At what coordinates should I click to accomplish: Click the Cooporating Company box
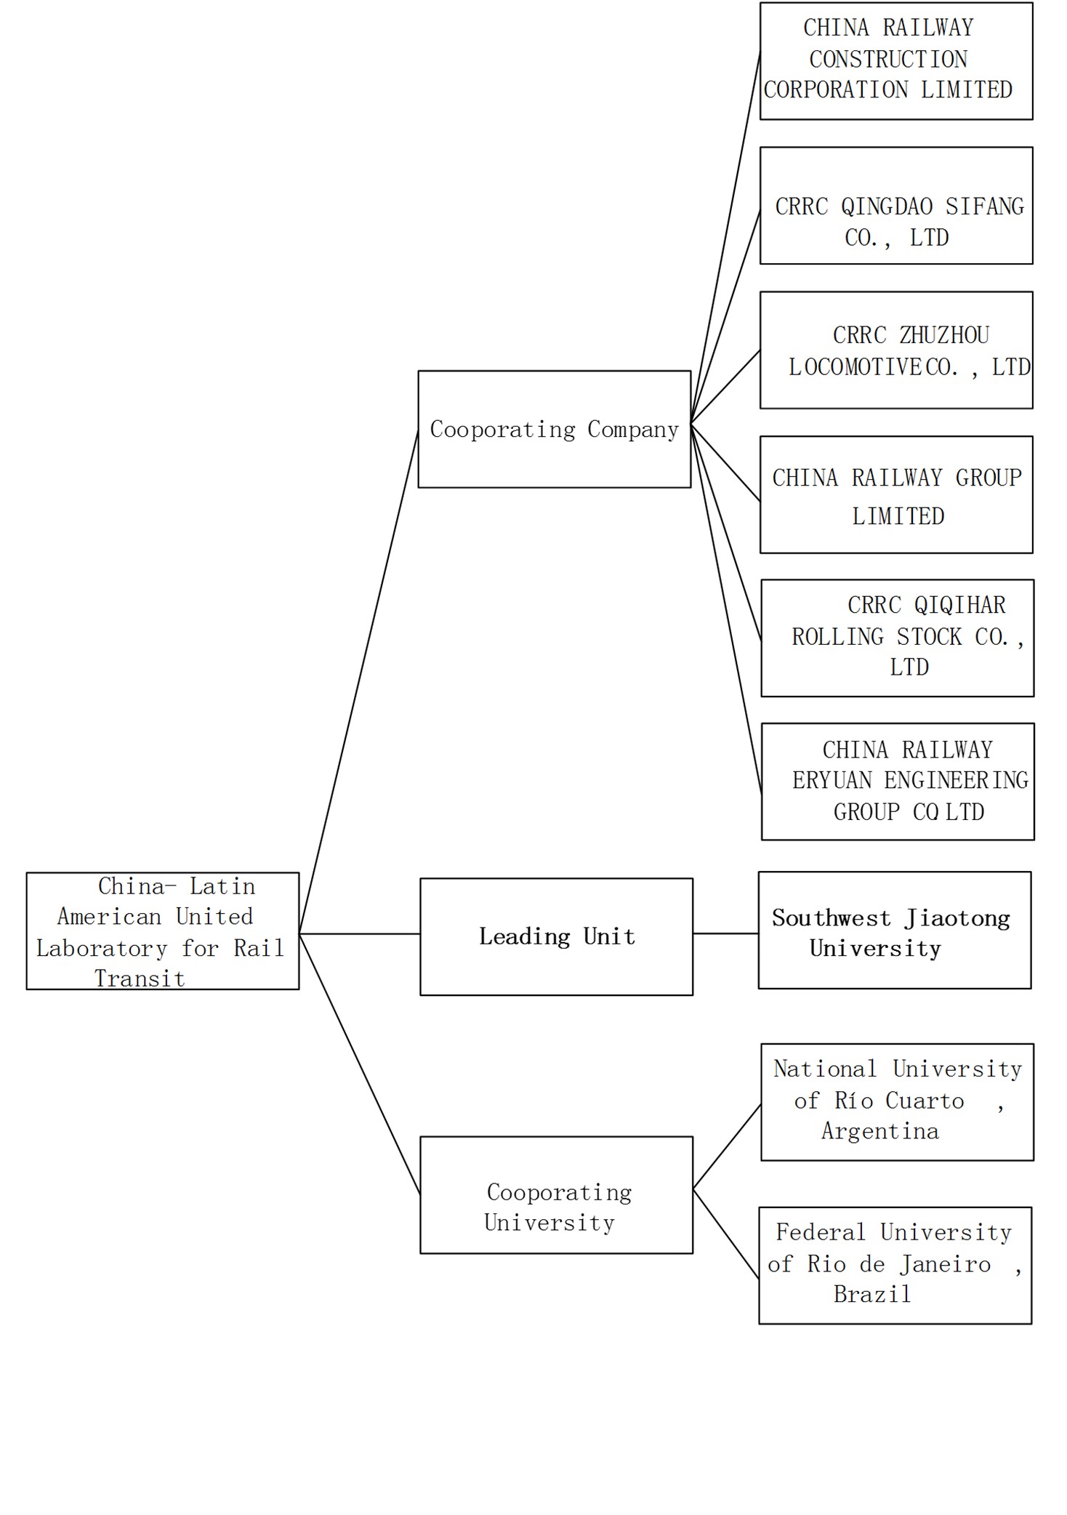554,429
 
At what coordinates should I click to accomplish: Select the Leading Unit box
556,936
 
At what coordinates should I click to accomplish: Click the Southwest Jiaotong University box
894,930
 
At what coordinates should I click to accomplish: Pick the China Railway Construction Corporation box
895,61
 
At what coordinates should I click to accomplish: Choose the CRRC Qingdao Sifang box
895,206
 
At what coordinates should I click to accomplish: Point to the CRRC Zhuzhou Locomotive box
895,350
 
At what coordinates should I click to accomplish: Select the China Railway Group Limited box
895,494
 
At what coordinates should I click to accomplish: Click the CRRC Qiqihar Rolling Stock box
897,638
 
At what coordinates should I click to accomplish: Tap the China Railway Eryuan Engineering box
897,781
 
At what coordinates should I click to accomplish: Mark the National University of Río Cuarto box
897,1101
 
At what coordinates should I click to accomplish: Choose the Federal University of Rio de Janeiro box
895,1265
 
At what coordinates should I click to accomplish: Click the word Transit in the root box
140,978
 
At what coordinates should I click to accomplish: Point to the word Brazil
871,1294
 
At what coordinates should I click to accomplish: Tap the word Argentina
879,1131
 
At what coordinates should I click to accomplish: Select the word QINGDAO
886,206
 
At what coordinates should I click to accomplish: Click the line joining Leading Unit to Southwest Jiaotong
725,933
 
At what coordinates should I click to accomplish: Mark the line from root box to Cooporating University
360,1063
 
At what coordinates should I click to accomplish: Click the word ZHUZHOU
943,335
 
